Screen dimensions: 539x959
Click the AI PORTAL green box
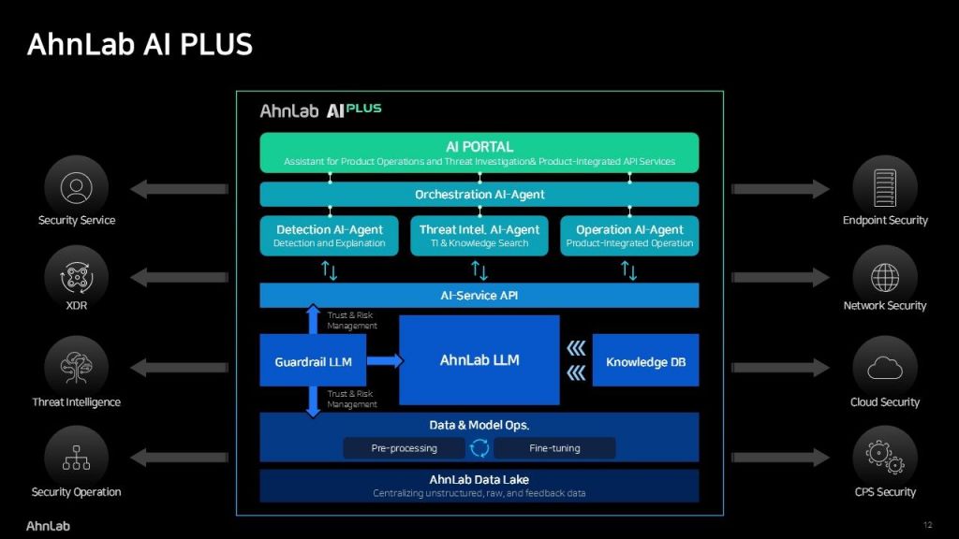[479, 153]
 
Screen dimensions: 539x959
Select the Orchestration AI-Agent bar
[479, 195]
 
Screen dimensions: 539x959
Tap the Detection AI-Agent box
[329, 236]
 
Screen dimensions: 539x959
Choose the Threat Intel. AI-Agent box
[479, 236]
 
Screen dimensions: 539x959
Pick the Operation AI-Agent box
[629, 236]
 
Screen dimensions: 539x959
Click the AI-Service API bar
[479, 296]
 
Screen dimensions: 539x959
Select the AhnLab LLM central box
[479, 360]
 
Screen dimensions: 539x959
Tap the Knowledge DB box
[645, 361]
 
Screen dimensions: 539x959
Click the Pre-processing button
[404, 448]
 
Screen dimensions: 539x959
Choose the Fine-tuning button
[554, 448]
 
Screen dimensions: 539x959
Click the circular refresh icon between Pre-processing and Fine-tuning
[479, 448]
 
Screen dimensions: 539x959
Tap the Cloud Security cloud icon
[885, 369]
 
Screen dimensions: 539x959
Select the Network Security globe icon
[885, 277]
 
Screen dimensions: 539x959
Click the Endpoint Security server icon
[885, 187]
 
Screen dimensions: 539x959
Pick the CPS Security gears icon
[885, 458]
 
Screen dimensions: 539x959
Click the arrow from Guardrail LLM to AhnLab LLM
[384, 361]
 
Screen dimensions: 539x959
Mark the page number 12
[927, 525]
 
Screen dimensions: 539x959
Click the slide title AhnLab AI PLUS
[140, 44]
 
